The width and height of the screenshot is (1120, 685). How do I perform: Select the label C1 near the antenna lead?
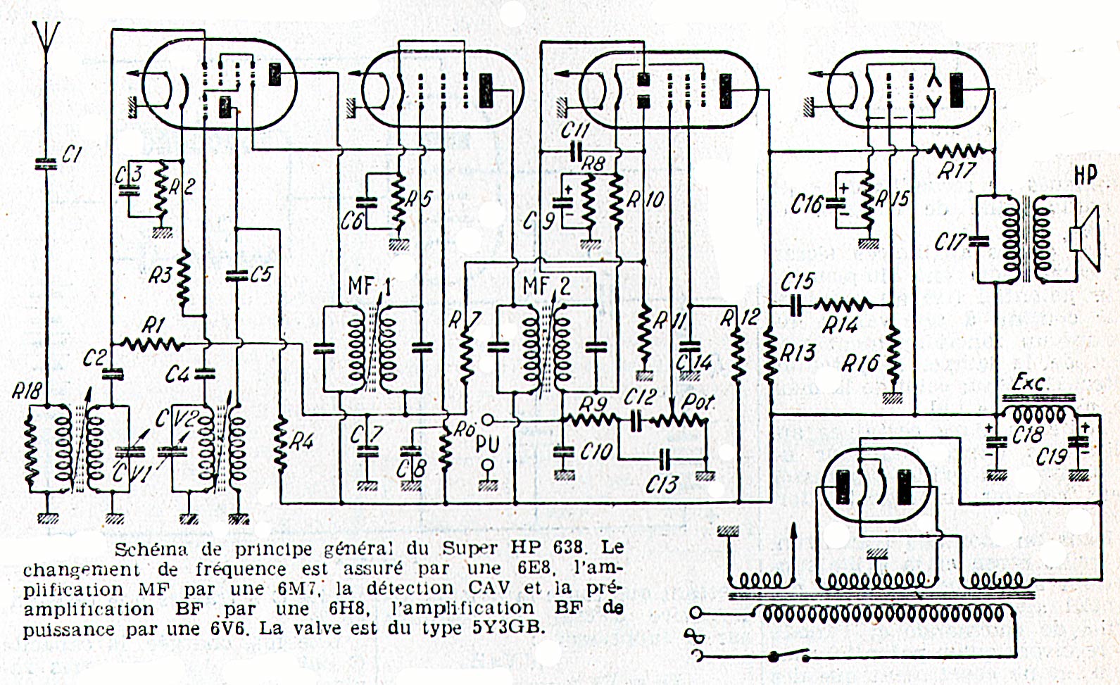pos(71,155)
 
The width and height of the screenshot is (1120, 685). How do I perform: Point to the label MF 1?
pos(370,286)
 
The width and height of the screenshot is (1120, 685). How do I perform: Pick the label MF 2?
pos(546,286)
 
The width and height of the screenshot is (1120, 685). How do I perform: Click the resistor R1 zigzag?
pos(152,344)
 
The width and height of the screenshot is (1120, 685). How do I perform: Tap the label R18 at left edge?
pos(27,391)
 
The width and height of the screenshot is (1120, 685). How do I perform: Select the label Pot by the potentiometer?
pos(698,401)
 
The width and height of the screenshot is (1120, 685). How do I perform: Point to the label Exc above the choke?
pos(1028,382)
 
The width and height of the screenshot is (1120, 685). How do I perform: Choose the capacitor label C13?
pos(662,484)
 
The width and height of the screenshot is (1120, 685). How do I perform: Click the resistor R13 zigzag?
pos(771,353)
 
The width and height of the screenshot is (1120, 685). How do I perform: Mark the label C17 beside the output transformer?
pos(950,242)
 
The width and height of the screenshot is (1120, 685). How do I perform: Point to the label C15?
pos(798,282)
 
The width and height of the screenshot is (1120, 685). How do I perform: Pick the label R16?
pos(860,363)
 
